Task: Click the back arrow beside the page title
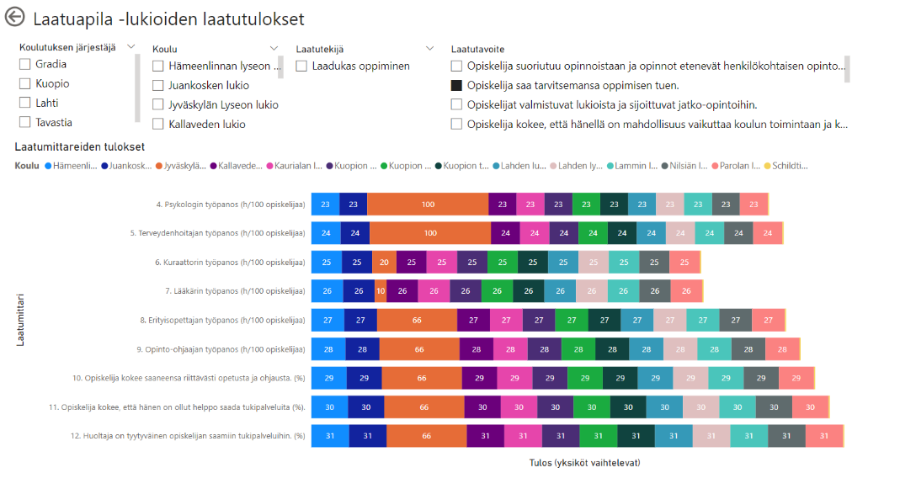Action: click(x=15, y=19)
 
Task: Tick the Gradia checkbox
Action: click(x=25, y=65)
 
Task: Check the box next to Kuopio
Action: click(x=25, y=84)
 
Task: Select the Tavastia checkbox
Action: click(x=25, y=122)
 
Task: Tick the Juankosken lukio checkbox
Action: click(x=158, y=85)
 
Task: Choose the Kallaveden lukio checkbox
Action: click(x=158, y=124)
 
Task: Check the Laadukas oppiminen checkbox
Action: click(x=302, y=66)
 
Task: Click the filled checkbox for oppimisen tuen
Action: click(x=456, y=85)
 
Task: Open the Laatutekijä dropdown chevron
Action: click(x=430, y=49)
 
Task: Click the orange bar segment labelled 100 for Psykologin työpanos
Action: click(x=428, y=204)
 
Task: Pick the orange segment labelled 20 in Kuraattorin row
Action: click(x=384, y=262)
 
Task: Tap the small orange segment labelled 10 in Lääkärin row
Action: click(x=381, y=291)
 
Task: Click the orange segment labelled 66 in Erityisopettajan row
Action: click(x=417, y=320)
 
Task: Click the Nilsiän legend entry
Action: click(x=686, y=166)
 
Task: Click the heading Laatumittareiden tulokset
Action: click(x=80, y=146)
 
